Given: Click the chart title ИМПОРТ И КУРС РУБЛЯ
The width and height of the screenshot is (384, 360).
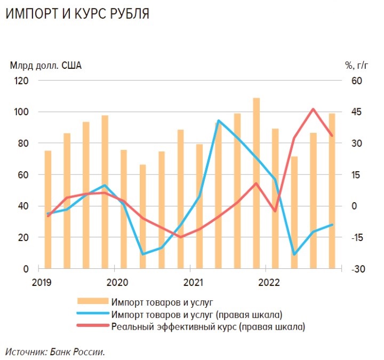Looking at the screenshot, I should click(x=77, y=14).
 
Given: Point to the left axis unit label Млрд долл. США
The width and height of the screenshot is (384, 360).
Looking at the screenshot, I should click(x=46, y=66).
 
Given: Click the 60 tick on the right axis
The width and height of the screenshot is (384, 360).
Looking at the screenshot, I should click(x=356, y=81).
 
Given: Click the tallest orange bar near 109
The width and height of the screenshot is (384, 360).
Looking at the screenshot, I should click(x=257, y=181).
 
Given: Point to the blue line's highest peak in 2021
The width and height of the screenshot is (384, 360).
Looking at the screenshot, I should click(x=219, y=121).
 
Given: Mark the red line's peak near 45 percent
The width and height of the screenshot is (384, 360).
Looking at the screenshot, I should click(x=313, y=109).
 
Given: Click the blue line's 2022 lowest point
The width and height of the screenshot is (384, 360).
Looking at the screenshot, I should click(x=294, y=254).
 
